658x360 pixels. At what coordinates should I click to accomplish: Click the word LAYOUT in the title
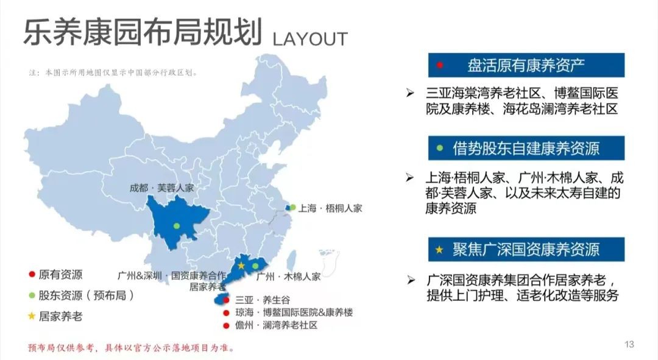310,39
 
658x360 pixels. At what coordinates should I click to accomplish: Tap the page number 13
629,344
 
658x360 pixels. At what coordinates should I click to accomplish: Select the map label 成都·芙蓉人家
162,188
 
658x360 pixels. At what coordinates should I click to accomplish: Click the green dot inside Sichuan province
177,226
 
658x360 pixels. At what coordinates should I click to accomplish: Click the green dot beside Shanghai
292,207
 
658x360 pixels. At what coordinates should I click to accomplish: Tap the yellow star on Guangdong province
241,266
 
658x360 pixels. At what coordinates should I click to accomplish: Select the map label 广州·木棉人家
288,276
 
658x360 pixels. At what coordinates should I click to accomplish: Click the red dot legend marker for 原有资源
31,275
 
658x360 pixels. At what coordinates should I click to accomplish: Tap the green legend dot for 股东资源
31,295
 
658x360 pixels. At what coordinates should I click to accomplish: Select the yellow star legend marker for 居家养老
31,316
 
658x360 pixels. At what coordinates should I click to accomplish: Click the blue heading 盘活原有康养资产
526,65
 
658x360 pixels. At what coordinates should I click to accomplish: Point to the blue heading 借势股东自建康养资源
526,148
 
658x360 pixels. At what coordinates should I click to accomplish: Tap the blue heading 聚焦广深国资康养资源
526,249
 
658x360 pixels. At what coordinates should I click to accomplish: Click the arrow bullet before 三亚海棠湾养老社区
411,93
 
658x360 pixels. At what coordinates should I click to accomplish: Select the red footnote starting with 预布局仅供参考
131,348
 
